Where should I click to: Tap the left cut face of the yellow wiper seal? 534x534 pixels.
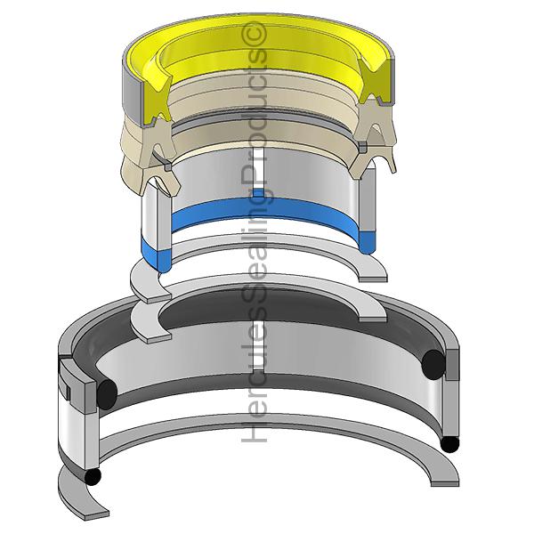point(154,99)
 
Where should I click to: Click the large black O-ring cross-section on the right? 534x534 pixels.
point(433,363)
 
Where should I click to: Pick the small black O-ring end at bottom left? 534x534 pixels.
point(93,477)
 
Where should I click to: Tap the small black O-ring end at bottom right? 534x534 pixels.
point(449,444)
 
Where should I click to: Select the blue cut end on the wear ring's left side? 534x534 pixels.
point(156,256)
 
